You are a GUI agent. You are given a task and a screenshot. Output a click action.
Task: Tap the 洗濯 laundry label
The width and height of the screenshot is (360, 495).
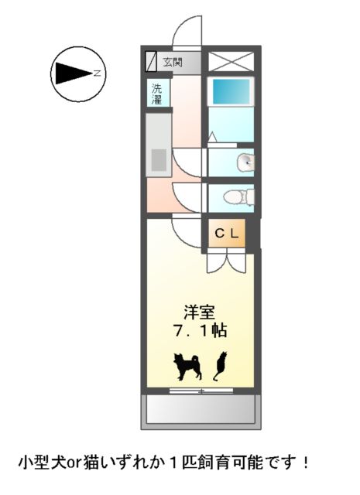point(156,94)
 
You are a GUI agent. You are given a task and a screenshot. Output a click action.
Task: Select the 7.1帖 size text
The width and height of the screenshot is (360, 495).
point(200,331)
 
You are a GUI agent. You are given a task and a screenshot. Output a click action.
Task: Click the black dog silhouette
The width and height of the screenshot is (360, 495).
point(187,366)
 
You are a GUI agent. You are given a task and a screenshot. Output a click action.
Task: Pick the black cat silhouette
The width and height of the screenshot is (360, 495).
point(220,365)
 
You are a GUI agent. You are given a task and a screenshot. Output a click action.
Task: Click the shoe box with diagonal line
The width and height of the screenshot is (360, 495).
point(151,62)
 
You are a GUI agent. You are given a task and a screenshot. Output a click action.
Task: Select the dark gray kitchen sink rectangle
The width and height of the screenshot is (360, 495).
point(158,160)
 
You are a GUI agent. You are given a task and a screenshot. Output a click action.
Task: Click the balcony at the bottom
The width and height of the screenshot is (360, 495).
point(199,411)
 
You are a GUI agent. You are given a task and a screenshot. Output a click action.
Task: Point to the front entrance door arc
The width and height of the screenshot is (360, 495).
point(186,31)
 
